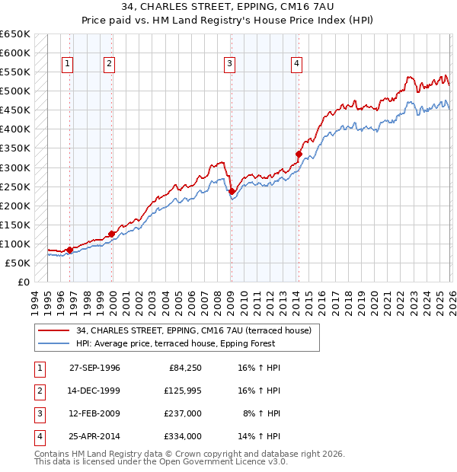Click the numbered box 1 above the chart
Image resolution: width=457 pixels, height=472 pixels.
[69, 64]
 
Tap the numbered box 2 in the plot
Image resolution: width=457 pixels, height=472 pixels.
[110, 64]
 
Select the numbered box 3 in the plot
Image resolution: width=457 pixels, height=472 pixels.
[229, 64]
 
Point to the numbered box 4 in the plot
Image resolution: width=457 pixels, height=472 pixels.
[296, 64]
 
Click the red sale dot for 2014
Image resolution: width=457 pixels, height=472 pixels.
[299, 154]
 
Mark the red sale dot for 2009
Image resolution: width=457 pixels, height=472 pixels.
[232, 191]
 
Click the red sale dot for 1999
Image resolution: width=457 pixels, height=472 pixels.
[112, 234]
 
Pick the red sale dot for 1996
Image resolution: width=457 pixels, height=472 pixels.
[70, 250]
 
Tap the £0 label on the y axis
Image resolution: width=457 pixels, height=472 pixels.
[23, 282]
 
